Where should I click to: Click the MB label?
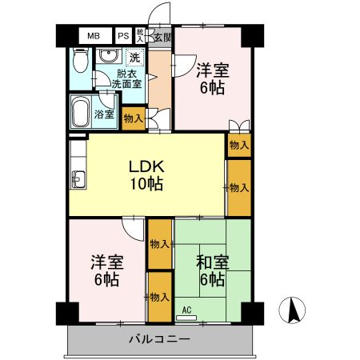tap(94, 37)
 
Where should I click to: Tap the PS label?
tap(123, 37)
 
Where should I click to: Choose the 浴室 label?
tap(104, 114)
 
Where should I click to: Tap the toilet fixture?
tap(78, 62)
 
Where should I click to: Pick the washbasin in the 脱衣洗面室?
tap(106, 57)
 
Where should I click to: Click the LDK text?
tap(147, 166)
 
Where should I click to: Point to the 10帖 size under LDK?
tap(147, 184)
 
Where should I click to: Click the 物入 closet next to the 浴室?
tap(134, 118)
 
